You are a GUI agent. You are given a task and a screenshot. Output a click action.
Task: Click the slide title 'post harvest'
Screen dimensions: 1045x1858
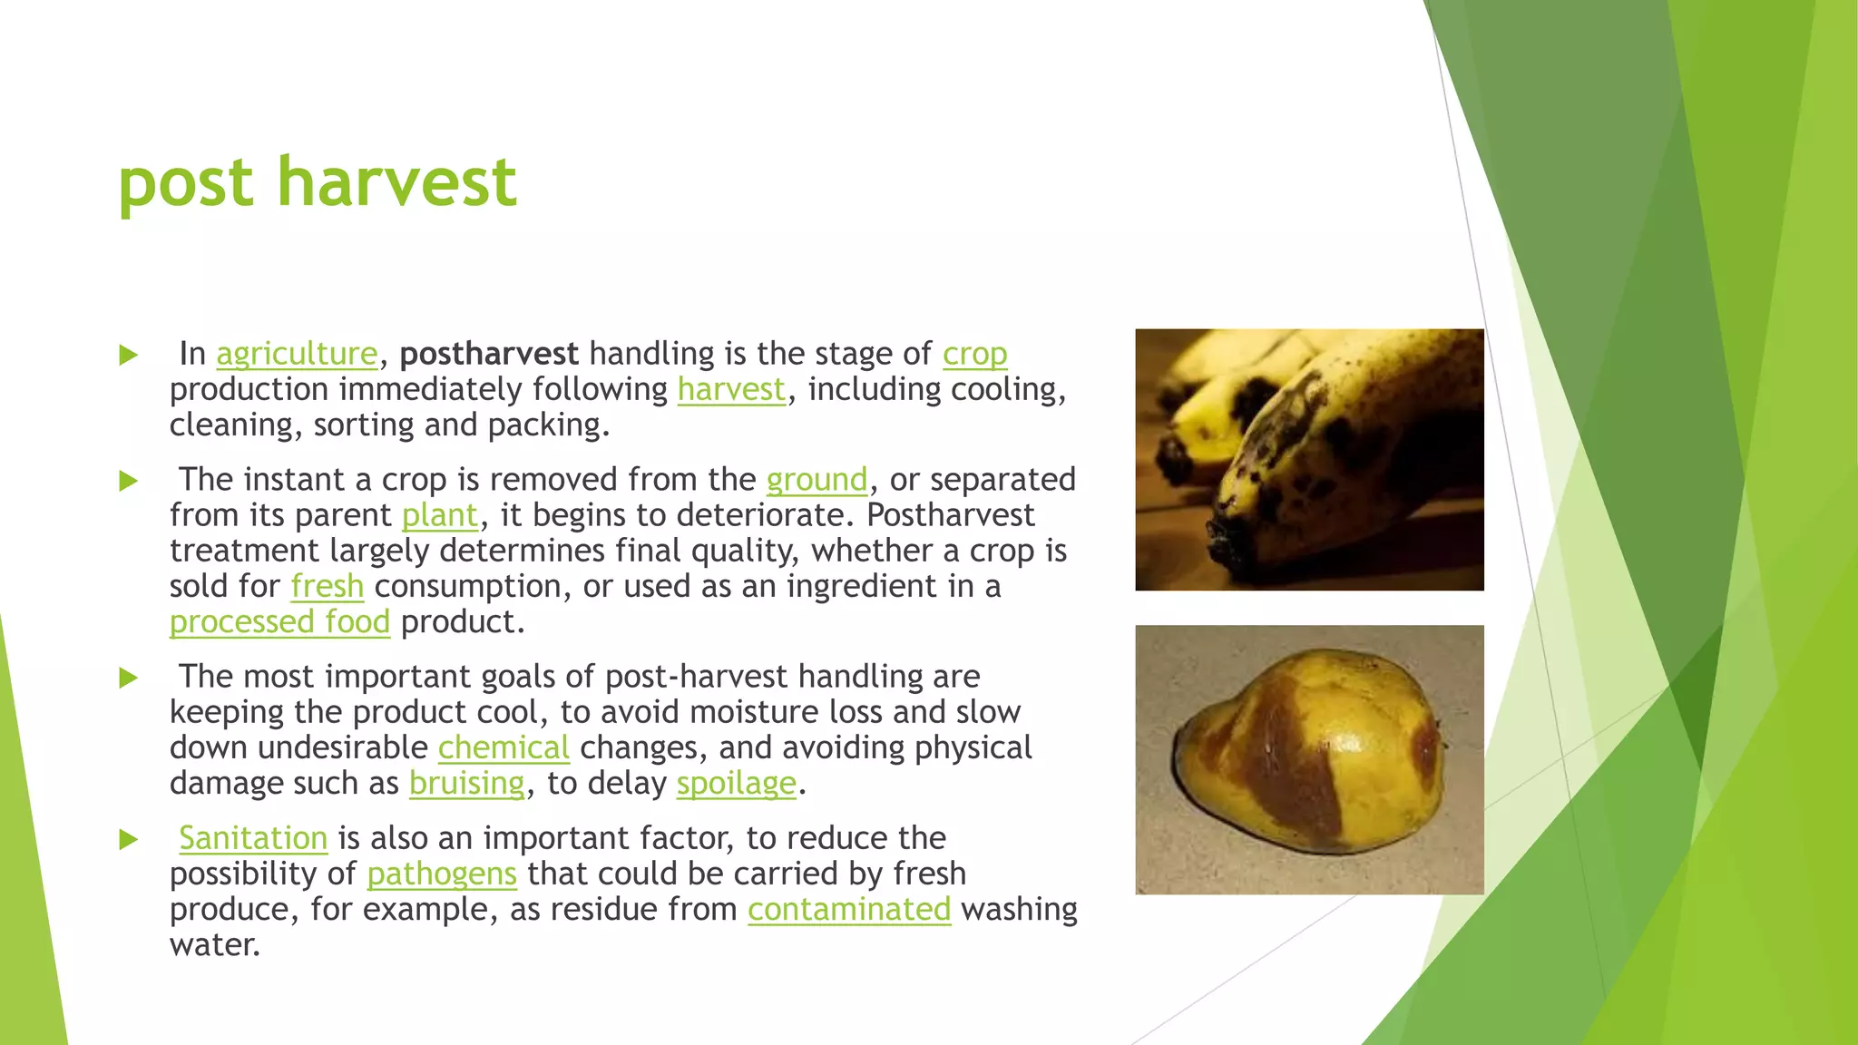317,183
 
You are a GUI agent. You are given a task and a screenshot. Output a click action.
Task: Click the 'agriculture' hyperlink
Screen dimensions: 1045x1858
297,354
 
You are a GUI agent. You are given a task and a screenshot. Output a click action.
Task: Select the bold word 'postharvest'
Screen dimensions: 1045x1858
489,354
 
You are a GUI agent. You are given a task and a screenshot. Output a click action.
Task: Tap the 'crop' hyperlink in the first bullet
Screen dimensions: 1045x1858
974,354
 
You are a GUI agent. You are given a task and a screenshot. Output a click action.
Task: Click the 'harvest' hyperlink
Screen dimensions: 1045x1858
731,389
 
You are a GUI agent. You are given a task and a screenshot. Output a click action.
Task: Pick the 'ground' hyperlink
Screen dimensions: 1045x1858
817,480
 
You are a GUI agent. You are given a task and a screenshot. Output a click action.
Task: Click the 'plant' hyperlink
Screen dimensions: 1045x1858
439,515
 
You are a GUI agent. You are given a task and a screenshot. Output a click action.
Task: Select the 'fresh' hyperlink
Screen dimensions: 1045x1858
327,587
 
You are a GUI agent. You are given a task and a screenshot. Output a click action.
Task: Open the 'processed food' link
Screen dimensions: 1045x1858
279,622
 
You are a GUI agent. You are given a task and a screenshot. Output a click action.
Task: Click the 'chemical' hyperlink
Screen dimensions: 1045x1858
504,748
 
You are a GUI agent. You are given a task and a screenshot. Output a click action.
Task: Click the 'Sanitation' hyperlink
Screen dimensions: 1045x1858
253,838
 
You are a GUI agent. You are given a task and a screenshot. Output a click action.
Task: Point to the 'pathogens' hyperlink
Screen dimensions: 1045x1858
442,874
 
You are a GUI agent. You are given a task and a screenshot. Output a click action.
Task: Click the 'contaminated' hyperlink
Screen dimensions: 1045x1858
849,909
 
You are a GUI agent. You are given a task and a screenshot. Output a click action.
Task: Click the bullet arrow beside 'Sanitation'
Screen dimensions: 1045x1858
129,839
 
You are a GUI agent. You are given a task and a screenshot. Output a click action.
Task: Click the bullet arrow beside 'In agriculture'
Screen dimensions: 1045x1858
129,355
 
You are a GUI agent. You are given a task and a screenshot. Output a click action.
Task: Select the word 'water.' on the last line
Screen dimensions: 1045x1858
215,945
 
